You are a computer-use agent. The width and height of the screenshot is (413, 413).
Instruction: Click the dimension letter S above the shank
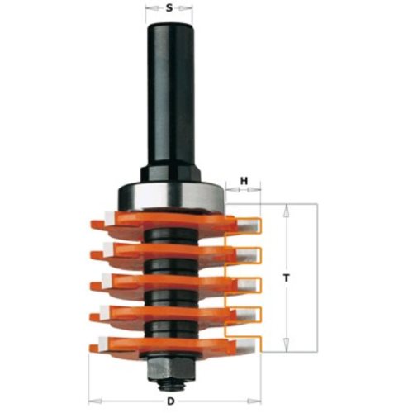(169, 8)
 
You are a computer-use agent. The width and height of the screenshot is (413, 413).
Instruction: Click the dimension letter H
(244, 181)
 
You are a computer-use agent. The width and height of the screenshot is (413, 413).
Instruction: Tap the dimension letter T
(287, 278)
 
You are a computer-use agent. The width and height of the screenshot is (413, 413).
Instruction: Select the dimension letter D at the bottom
(171, 401)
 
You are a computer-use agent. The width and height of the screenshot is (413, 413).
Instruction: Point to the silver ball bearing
(171, 196)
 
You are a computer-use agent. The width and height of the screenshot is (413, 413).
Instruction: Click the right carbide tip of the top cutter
(249, 224)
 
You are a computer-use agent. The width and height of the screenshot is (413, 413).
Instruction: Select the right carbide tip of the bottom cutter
(248, 344)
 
